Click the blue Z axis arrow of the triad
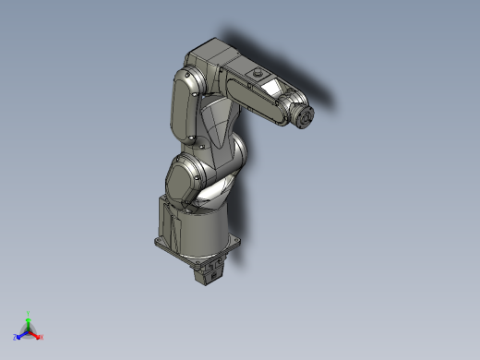(x=20, y=334)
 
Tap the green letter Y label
(x=29, y=313)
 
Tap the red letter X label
(x=42, y=337)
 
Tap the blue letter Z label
(x=16, y=338)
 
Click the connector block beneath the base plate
(x=210, y=271)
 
